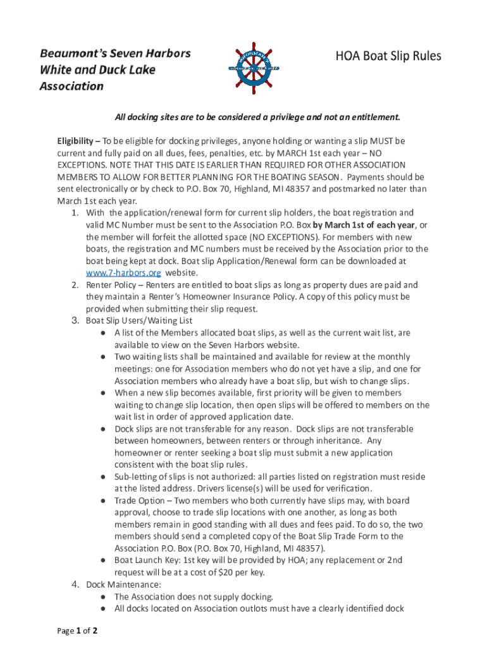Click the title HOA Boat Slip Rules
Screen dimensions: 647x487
tap(388, 57)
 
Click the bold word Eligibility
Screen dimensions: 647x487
tap(77, 141)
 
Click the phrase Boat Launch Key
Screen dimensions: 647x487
tap(147, 560)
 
